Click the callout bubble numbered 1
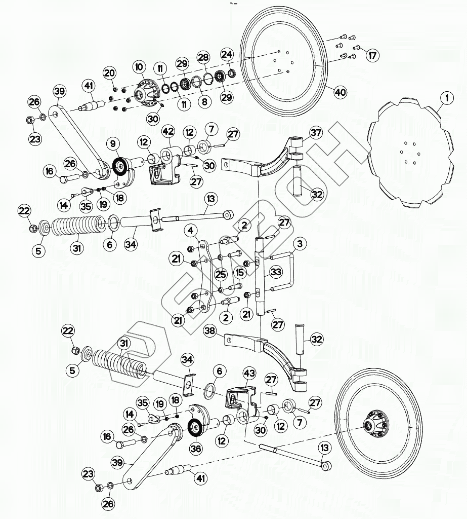(x=447, y=98)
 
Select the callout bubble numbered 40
(x=340, y=92)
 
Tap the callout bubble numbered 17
(x=372, y=55)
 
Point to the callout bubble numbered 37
(x=316, y=133)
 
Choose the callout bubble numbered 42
(x=168, y=131)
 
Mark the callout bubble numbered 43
(x=249, y=374)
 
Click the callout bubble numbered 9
(x=113, y=143)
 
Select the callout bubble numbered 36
(x=196, y=449)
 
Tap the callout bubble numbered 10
(x=139, y=67)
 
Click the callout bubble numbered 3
(x=300, y=244)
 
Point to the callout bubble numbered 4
(x=191, y=231)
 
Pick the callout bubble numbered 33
(x=276, y=272)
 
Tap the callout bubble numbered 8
(x=204, y=101)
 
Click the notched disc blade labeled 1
(x=410, y=153)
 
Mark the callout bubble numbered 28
(x=203, y=57)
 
